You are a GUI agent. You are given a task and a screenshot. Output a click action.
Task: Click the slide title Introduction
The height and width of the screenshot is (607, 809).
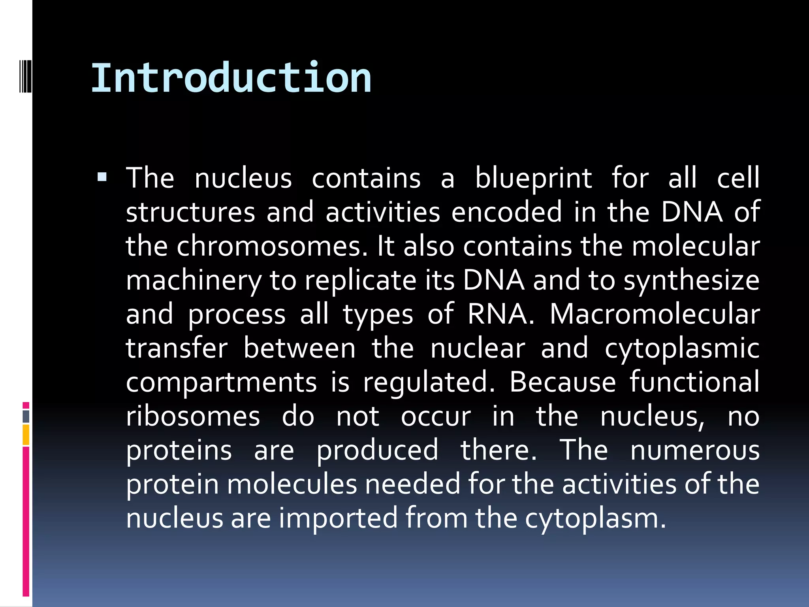[231, 78]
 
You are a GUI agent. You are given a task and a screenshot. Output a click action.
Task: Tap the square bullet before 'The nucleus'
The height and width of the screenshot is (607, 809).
[102, 177]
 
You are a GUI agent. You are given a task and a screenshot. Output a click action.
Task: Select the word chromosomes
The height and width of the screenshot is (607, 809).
[272, 246]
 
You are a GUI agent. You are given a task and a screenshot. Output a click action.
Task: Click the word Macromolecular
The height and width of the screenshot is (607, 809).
[655, 314]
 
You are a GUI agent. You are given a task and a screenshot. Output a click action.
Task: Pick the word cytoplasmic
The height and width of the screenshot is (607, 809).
[682, 349]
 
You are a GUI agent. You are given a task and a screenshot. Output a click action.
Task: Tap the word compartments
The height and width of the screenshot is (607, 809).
[221, 383]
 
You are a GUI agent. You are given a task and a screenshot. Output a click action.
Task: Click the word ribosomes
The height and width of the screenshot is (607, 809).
[193, 417]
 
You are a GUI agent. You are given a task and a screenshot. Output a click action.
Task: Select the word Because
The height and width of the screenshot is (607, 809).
[563, 382]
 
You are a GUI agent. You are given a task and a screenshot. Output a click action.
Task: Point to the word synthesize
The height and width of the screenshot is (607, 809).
[691, 281]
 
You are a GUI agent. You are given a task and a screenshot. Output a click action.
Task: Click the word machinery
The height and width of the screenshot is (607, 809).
[194, 281]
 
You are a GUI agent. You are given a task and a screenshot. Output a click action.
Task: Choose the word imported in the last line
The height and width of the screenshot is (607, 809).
[339, 518]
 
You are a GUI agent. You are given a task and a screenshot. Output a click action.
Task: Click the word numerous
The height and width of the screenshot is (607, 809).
[695, 450]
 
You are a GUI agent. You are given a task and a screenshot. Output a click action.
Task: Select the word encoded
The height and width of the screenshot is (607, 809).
[506, 212]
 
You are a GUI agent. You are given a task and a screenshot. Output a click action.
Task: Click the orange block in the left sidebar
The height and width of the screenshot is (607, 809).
[26, 435]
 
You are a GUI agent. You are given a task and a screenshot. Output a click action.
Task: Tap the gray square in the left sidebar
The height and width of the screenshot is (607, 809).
[26, 417]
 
